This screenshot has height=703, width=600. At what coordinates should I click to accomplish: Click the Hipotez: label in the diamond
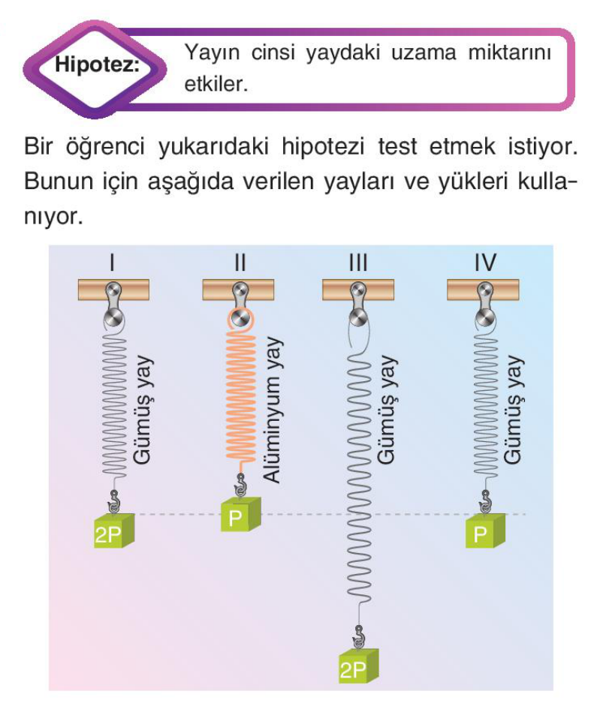97,65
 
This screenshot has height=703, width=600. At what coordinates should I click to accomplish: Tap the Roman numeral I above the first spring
112,263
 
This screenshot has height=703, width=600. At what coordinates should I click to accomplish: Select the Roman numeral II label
240,263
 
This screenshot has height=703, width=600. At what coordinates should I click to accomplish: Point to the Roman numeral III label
358,263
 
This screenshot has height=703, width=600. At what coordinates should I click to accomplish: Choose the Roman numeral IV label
486,263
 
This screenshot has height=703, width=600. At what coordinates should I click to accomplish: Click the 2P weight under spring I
114,530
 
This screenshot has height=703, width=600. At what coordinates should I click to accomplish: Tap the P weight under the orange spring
240,515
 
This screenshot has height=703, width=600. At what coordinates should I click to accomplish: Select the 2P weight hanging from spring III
359,666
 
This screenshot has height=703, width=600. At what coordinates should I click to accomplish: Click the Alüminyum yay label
272,410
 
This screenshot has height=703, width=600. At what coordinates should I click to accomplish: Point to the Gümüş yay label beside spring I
143,410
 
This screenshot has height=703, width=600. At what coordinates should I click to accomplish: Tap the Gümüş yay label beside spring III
387,410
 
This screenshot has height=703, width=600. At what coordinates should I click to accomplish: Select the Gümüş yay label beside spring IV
513,410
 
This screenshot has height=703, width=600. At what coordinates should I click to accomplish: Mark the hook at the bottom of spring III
358,637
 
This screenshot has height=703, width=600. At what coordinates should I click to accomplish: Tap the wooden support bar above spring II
238,290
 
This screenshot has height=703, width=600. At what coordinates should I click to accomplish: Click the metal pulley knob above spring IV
484,319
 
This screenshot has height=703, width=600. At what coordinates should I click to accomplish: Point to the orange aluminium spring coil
240,395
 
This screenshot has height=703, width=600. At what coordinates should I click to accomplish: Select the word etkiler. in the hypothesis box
216,84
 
